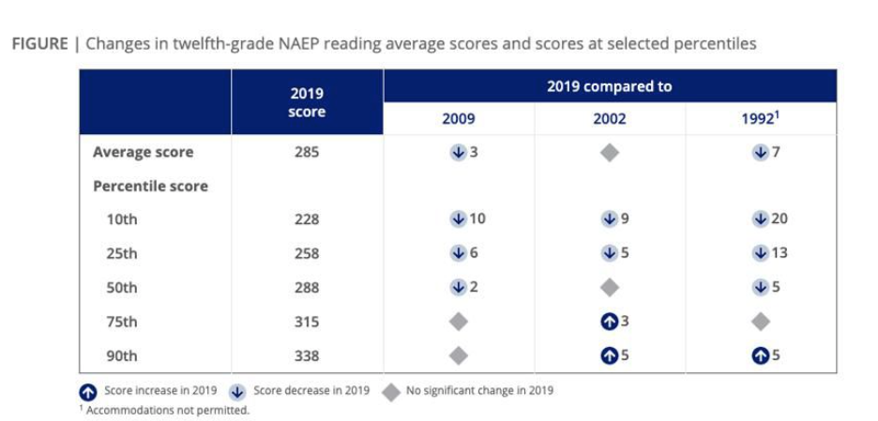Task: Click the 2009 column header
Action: click(x=459, y=119)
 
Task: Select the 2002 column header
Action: click(x=610, y=119)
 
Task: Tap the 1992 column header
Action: click(x=760, y=119)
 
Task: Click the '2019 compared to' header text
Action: click(x=610, y=86)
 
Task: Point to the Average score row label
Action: click(x=143, y=152)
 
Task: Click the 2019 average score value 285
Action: click(x=307, y=152)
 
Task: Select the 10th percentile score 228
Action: click(x=307, y=219)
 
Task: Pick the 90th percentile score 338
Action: click(x=307, y=355)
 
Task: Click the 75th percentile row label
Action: click(x=122, y=322)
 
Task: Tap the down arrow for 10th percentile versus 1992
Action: click(x=761, y=219)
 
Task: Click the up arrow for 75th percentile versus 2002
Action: click(x=609, y=322)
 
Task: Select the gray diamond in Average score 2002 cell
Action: click(x=610, y=152)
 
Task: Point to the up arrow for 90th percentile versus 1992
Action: click(x=761, y=355)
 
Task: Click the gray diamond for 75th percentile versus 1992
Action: click(x=761, y=322)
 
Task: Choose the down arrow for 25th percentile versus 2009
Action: click(x=458, y=253)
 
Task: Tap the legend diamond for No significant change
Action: click(x=391, y=390)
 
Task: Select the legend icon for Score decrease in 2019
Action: click(x=239, y=390)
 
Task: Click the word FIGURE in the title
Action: click(x=38, y=44)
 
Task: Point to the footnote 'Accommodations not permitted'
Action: click(x=168, y=410)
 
